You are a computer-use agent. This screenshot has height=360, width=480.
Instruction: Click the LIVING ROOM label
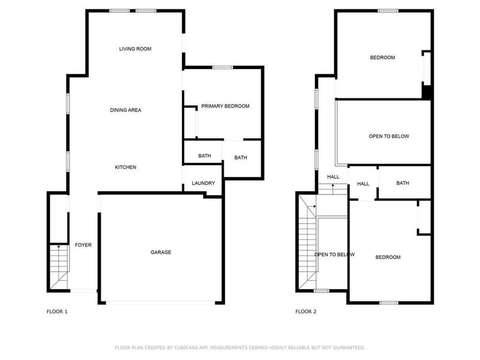point(134,49)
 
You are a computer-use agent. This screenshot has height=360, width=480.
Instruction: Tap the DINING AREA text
point(125,110)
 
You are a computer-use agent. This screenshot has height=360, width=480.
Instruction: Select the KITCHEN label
point(125,167)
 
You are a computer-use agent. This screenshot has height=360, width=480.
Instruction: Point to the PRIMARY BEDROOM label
point(225,106)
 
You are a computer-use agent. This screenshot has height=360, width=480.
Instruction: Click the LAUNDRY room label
point(203,184)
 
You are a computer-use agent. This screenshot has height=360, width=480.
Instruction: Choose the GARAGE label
point(160,253)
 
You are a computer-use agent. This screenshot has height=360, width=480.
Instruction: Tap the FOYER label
point(83,245)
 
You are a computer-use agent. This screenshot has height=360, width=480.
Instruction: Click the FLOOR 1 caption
point(57,312)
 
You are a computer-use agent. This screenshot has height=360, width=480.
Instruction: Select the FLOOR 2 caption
point(306,312)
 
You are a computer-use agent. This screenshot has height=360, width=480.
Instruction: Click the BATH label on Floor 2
point(402,183)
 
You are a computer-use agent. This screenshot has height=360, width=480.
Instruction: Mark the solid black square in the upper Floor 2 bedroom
point(427,92)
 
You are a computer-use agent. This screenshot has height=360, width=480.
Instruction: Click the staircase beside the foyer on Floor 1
point(58,267)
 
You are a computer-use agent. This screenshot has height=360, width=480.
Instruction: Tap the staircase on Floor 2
point(307,246)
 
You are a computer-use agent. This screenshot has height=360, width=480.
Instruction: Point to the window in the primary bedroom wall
point(223,67)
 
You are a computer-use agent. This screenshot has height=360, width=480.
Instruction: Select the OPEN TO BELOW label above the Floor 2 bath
point(389,136)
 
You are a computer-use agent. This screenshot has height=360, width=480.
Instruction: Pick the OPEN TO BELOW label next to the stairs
point(334,254)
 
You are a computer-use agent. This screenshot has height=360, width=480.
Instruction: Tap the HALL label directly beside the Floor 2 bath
point(363,184)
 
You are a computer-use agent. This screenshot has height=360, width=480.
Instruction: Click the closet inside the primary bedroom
point(190,123)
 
